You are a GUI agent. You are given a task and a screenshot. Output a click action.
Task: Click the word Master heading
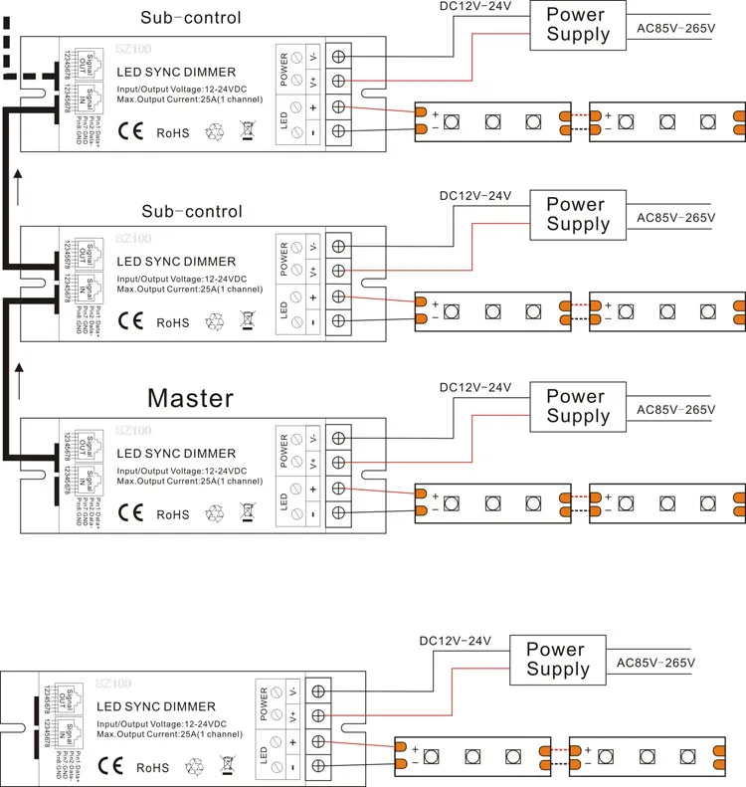(x=190, y=399)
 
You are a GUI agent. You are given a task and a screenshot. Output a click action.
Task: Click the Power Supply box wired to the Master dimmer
(x=576, y=406)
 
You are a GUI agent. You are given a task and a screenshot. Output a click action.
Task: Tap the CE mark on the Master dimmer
(x=131, y=513)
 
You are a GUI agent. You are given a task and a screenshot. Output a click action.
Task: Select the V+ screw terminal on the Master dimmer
(x=338, y=463)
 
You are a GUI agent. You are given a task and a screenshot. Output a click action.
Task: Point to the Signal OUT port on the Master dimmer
(x=87, y=443)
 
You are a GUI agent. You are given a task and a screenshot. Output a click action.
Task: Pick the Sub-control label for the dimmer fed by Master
(x=191, y=212)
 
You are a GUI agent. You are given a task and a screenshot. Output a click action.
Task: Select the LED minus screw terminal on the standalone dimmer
(x=319, y=766)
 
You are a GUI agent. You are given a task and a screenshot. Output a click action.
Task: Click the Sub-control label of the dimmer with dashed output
(x=191, y=18)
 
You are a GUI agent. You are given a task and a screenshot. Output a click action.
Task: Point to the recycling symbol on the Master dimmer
(x=215, y=514)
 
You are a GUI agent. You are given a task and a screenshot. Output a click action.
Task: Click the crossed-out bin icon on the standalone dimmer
(x=227, y=766)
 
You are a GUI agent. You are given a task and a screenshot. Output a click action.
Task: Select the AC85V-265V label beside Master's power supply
(x=676, y=410)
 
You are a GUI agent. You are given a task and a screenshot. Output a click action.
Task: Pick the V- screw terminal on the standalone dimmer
(x=319, y=689)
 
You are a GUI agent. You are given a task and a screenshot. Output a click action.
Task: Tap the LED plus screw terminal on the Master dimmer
(x=338, y=489)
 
